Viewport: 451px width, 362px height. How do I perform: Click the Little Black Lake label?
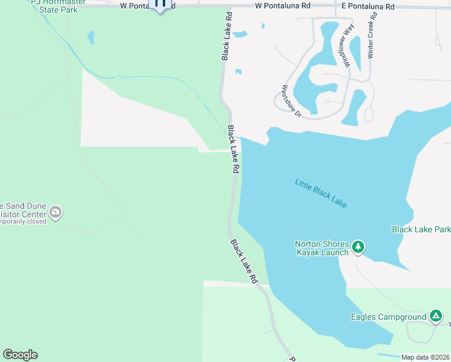[321, 193]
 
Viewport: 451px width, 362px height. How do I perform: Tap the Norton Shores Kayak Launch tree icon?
[359, 246]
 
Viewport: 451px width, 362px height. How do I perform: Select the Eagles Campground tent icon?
[435, 316]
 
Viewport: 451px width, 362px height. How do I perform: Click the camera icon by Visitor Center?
[55, 212]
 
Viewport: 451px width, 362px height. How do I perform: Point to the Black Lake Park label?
[421, 229]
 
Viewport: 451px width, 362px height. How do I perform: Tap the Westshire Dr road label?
[291, 101]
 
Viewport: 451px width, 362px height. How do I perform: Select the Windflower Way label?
[345, 48]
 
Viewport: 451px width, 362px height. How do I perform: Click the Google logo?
[20, 355]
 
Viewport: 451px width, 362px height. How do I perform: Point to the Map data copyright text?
[426, 357]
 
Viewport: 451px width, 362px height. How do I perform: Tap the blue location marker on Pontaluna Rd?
[160, 5]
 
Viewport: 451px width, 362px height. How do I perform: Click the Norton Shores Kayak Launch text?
[321, 248]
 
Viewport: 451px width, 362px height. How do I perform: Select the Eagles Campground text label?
[388, 317]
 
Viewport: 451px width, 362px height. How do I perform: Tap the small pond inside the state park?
[91, 37]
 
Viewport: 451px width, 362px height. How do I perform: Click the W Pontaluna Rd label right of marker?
[282, 5]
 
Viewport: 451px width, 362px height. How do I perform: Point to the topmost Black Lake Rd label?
[225, 43]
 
